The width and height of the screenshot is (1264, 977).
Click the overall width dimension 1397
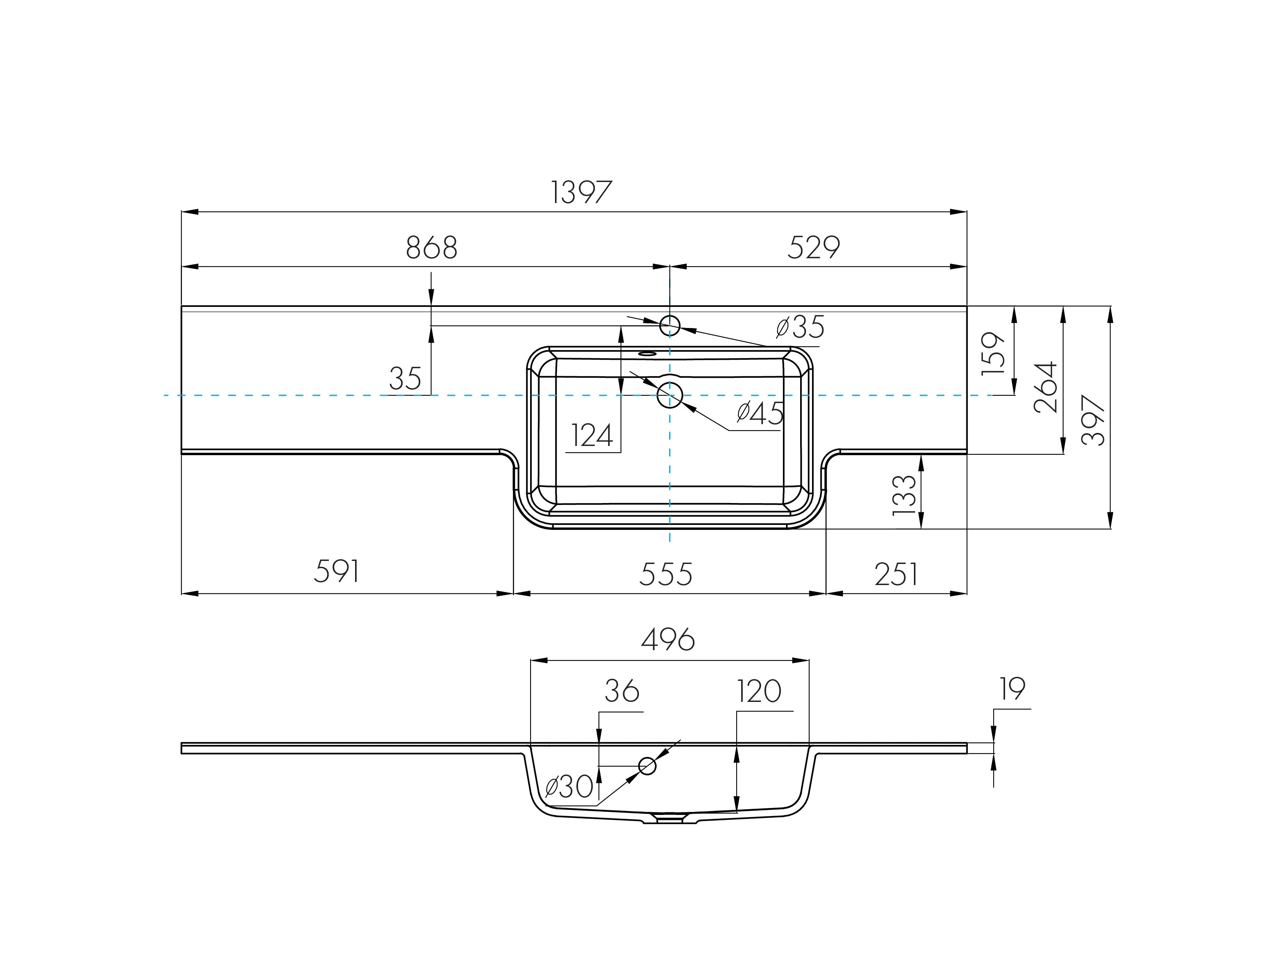[581, 192]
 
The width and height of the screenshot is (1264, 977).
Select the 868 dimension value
[432, 248]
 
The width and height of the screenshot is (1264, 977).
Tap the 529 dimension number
[813, 248]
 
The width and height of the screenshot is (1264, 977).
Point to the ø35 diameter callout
[801, 327]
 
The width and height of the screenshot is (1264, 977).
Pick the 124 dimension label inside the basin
[591, 436]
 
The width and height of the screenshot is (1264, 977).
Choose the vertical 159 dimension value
[993, 354]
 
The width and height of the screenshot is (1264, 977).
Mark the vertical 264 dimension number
[1045, 387]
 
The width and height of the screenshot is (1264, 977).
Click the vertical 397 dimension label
[1093, 420]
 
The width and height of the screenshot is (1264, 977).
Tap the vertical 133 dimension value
[905, 495]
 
